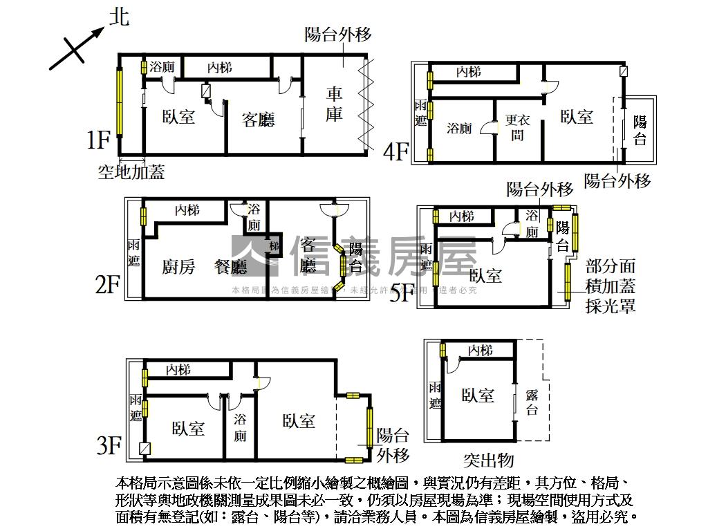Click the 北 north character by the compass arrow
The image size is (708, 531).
119,17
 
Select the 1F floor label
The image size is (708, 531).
99,140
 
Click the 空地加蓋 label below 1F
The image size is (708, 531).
131,172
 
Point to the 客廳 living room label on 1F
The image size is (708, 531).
259,120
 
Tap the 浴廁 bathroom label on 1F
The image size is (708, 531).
162,67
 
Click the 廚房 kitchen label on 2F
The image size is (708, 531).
178,266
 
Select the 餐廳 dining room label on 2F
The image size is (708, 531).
231,266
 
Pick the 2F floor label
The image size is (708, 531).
108,283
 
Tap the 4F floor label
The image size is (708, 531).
396,151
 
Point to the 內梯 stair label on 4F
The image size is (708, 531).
469,71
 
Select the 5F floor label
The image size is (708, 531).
403,293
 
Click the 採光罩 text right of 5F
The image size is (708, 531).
611,306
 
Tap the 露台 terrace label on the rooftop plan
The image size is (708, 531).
532,402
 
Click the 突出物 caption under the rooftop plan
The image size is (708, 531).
489,460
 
